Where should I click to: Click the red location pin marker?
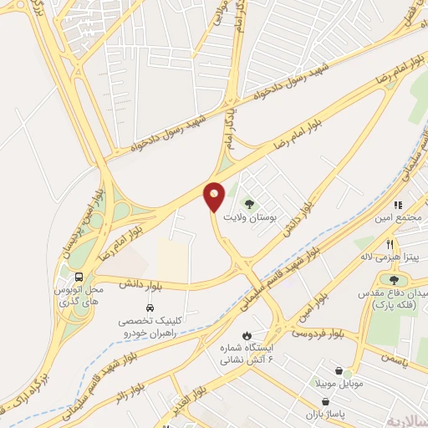[x=214, y=196]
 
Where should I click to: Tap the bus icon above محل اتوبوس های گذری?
[x=79, y=277]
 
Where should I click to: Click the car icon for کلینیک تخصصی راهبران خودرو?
[x=150, y=308]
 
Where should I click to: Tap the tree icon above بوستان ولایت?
[x=247, y=203]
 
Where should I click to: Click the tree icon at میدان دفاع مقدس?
[x=394, y=280]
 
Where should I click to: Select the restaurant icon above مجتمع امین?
[x=399, y=205]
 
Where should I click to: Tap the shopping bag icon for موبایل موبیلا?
[x=339, y=370]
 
